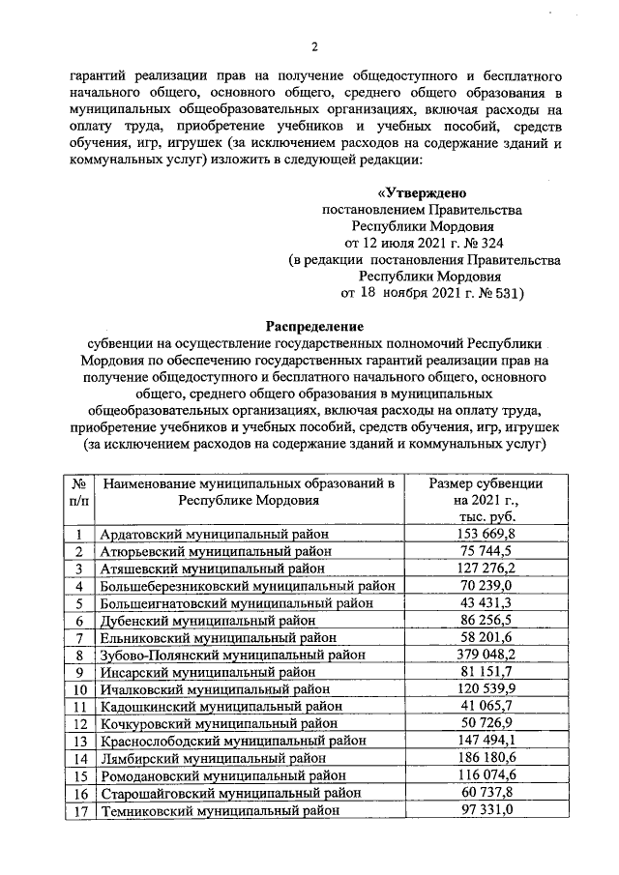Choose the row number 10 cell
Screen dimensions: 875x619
click(x=79, y=689)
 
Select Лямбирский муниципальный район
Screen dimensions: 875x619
click(x=200, y=759)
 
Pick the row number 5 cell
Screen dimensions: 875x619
click(x=79, y=602)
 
